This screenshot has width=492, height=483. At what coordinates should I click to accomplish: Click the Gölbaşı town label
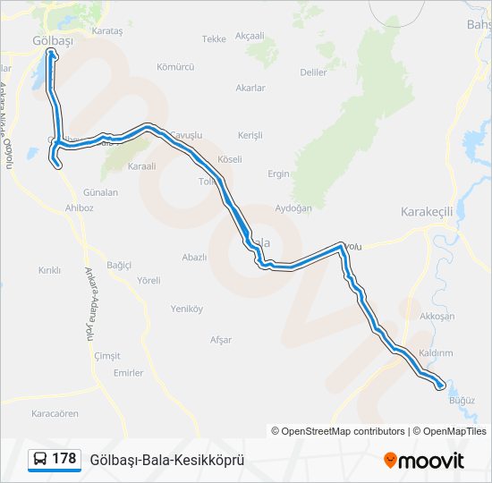[x=51, y=41]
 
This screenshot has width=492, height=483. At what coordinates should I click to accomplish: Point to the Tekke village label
[x=214, y=39]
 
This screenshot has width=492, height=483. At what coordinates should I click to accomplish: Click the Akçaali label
[x=250, y=36]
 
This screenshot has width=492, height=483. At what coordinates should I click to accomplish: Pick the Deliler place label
[x=314, y=72]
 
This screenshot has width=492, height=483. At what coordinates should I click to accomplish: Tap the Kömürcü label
[x=175, y=67]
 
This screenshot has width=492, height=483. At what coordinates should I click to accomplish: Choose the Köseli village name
[x=230, y=159]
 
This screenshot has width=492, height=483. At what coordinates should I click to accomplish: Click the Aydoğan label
[x=293, y=208]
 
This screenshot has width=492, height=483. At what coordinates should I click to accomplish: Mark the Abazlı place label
[x=194, y=257]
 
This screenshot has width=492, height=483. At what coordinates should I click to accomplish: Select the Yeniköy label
[x=187, y=309]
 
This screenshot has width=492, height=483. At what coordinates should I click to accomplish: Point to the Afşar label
[x=220, y=340]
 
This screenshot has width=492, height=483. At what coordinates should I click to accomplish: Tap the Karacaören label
[x=55, y=414]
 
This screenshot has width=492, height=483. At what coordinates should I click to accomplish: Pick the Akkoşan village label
[x=437, y=317]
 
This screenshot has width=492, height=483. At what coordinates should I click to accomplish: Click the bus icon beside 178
[x=40, y=460]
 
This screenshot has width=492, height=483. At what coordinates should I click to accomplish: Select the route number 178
[x=64, y=459]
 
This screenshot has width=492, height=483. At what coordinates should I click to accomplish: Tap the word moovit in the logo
[x=431, y=461]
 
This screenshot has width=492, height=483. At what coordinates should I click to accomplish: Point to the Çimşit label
[x=107, y=356]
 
